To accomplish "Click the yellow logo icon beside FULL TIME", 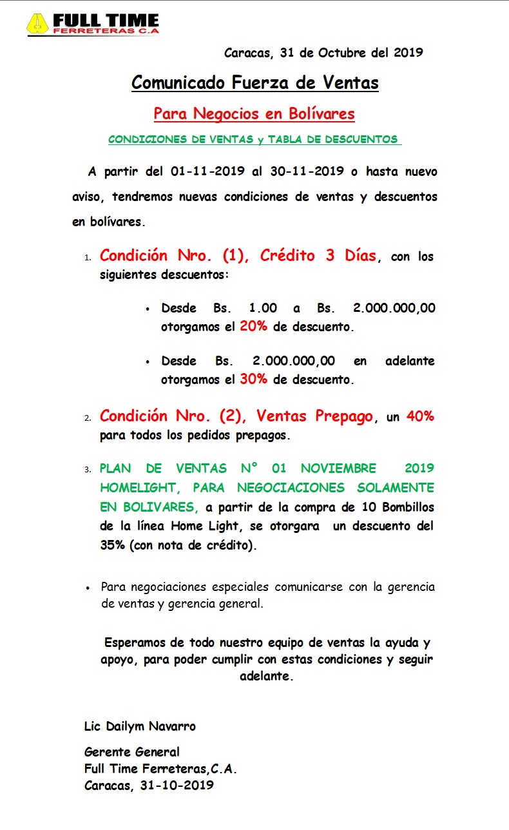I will click(38, 24).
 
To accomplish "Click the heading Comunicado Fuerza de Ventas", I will click(254, 82).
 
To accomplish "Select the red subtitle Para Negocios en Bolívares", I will click(254, 114).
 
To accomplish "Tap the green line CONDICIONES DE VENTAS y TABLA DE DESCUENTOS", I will click(253, 139).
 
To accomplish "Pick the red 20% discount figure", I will click(253, 327).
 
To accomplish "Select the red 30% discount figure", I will click(253, 379).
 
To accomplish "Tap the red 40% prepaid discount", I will click(420, 417).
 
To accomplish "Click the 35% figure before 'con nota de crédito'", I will click(113, 545).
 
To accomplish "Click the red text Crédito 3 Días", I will click(318, 255).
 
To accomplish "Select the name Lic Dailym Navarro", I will click(140, 726).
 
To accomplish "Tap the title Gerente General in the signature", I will click(131, 751).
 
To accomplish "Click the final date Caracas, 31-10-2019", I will click(149, 786).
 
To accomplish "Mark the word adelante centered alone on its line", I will click(266, 677).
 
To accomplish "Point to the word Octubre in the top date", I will click(343, 53).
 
